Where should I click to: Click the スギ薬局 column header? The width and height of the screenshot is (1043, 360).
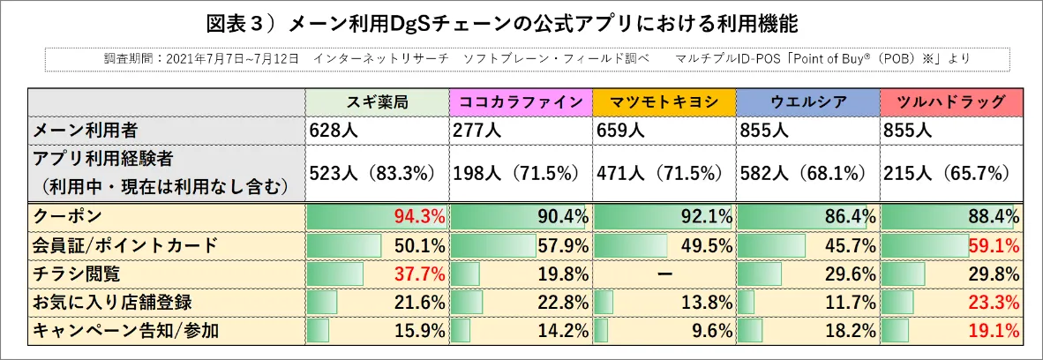coord(377,101)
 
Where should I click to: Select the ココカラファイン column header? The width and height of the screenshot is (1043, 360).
coord(521,101)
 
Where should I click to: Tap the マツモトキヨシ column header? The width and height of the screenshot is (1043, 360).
coord(664,101)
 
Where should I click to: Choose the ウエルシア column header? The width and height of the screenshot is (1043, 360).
coord(807,101)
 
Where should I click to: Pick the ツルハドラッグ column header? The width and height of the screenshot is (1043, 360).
coord(950,101)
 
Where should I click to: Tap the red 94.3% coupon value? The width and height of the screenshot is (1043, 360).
coord(418,216)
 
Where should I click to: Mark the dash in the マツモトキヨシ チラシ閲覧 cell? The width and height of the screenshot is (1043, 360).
coord(664,274)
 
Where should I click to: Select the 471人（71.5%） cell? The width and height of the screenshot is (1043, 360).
coord(663,173)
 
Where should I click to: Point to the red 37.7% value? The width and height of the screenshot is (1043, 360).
coord(418,274)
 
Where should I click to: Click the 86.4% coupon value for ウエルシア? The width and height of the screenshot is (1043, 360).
coord(849,216)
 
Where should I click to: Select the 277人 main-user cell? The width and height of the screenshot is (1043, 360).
coord(474,131)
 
